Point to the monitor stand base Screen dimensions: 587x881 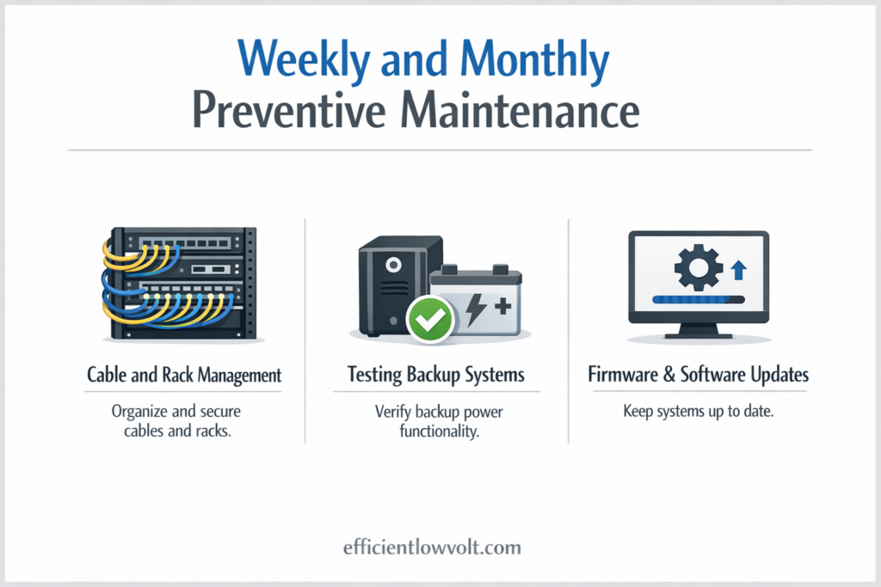click(x=698, y=339)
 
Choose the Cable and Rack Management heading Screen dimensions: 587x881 click(x=184, y=376)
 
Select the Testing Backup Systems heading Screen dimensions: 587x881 click(x=435, y=376)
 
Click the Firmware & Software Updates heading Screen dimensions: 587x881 click(x=698, y=376)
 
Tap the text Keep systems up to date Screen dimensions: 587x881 click(x=698, y=412)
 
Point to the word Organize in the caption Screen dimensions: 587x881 click(x=143, y=412)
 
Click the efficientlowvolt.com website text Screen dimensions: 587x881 click(x=440, y=547)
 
